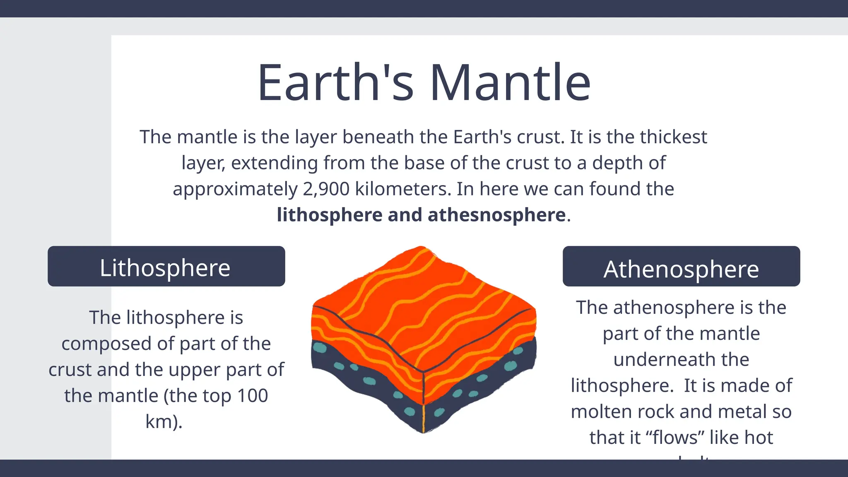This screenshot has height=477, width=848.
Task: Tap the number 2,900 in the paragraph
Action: tap(326, 189)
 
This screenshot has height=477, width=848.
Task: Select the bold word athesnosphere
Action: tap(496, 215)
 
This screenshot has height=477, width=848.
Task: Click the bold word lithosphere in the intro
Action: tap(330, 215)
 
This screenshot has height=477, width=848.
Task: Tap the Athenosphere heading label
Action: tap(681, 269)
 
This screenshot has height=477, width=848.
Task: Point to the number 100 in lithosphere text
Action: tap(252, 395)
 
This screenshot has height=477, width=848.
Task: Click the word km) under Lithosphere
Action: tap(164, 422)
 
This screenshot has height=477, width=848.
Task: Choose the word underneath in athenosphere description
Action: tap(681, 359)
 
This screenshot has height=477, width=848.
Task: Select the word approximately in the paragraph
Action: tap(235, 189)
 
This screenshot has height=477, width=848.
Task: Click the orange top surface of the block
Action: tap(422, 298)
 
